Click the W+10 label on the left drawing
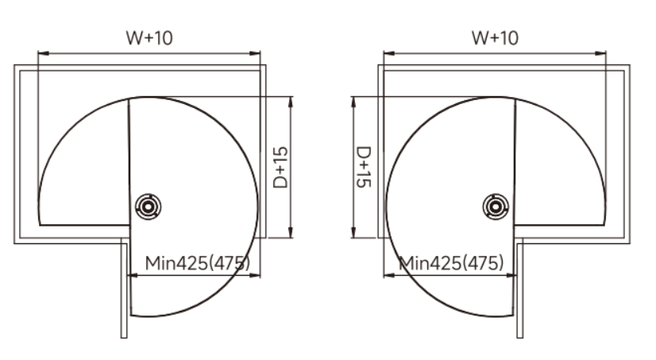click(x=149, y=37)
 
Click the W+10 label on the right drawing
click(x=495, y=37)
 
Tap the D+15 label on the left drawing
click(x=280, y=168)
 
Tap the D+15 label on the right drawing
click(x=363, y=167)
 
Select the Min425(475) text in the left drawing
click(x=198, y=263)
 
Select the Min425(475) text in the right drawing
click(x=451, y=263)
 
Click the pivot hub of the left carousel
click(x=148, y=207)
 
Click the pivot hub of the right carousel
click(x=496, y=207)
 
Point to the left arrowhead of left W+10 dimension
click(x=43, y=53)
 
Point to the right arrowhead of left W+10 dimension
click(x=255, y=53)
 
